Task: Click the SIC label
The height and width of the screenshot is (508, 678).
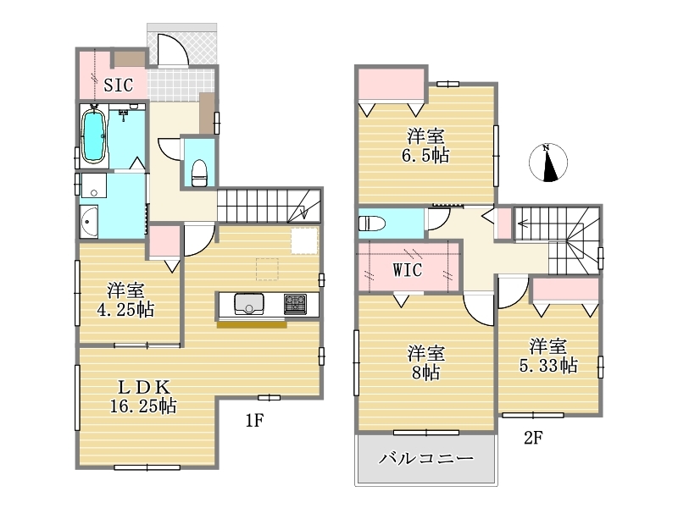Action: tap(118, 85)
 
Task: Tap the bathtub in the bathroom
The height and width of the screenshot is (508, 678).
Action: tap(94, 136)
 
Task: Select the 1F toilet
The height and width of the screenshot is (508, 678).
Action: tap(199, 173)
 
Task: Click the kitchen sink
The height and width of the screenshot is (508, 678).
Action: tap(249, 304)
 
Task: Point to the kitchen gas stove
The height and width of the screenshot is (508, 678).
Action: tap(295, 304)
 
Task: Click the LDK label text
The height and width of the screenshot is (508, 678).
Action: tap(144, 387)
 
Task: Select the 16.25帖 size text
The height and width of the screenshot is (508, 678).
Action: tap(143, 406)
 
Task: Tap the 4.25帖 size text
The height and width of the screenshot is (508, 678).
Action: tap(125, 309)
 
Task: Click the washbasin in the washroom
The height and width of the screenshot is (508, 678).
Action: tap(89, 222)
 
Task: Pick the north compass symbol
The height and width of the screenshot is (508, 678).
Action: tap(548, 163)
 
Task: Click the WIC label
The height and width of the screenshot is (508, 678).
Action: tap(408, 270)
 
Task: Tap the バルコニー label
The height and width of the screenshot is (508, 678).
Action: tap(426, 458)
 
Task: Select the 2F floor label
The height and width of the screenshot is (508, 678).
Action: tap(533, 438)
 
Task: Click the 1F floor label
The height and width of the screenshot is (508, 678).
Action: tap(255, 420)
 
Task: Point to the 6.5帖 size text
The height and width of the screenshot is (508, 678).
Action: tap(425, 156)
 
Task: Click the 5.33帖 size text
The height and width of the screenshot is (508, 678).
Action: tap(548, 366)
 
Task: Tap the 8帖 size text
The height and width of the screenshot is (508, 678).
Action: tap(426, 373)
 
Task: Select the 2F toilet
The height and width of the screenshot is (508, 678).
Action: tap(372, 224)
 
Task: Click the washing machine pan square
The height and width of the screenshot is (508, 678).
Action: tap(93, 185)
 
